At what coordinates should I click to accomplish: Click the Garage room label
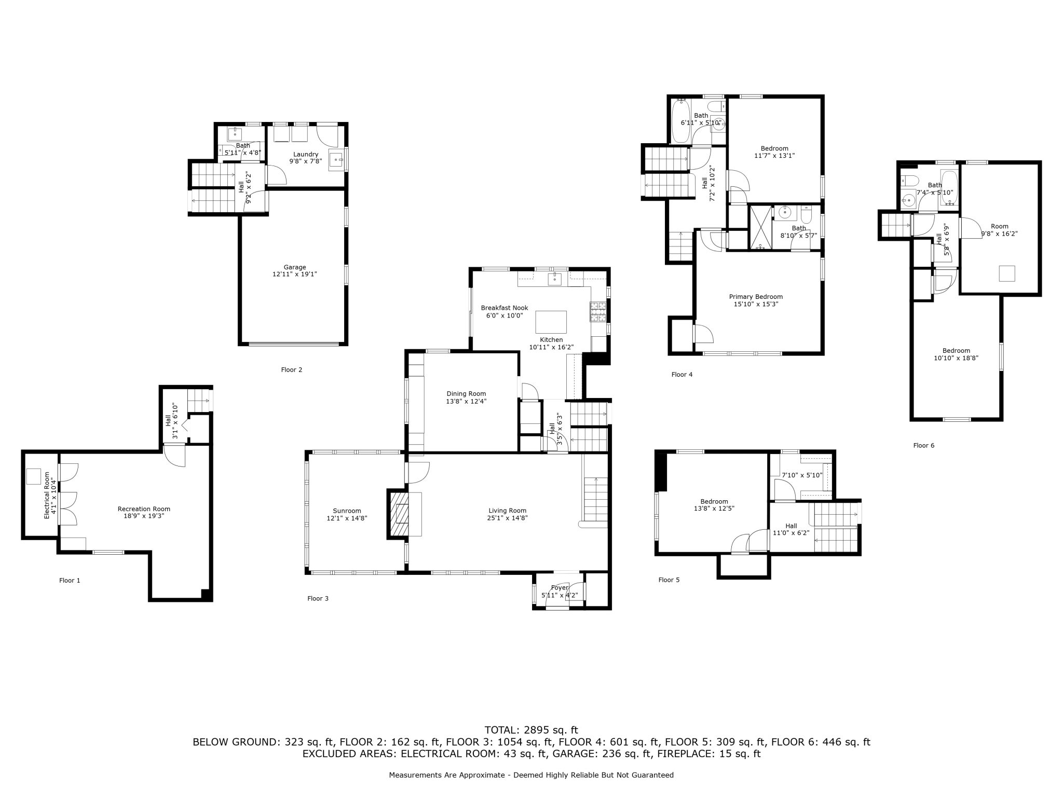(x=294, y=267)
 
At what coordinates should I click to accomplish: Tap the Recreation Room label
(x=144, y=509)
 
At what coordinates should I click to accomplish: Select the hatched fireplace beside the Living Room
(x=397, y=514)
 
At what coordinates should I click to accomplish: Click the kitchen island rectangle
(x=551, y=322)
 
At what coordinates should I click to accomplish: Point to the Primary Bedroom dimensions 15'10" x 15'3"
(x=756, y=304)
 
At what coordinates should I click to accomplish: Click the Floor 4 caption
(x=682, y=375)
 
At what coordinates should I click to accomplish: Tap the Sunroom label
(x=347, y=511)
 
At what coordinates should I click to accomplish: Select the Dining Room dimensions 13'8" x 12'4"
(x=466, y=401)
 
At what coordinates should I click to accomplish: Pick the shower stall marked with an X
(x=760, y=228)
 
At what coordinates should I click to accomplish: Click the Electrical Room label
(x=47, y=495)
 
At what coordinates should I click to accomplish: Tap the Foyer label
(x=560, y=587)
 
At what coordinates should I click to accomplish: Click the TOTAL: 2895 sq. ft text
(x=531, y=730)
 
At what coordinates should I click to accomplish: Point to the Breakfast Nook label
(x=504, y=308)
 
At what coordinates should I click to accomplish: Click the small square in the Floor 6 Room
(x=1006, y=273)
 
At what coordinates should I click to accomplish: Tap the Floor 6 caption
(x=923, y=445)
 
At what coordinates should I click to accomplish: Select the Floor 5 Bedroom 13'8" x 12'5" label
(x=714, y=501)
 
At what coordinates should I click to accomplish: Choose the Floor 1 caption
(x=70, y=581)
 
